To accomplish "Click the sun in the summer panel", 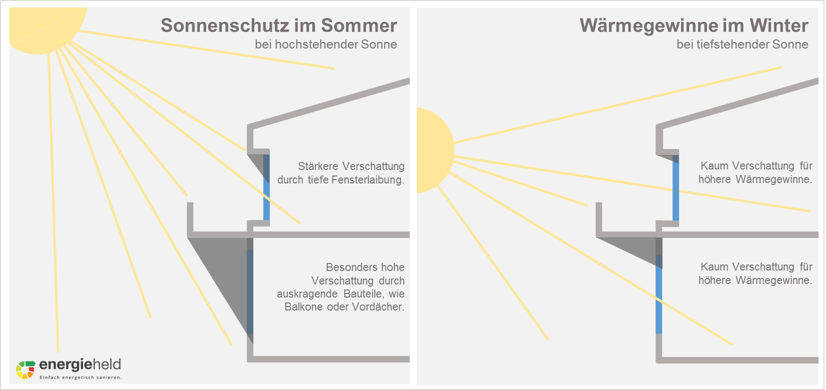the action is click(x=44, y=27).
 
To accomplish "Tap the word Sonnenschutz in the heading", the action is click(x=225, y=26).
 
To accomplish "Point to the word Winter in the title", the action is click(x=779, y=25).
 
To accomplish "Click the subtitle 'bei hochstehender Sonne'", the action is click(x=326, y=44).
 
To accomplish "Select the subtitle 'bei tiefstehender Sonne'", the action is click(x=742, y=44).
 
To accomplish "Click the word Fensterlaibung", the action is click(x=368, y=180).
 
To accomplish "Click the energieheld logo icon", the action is click(x=25, y=369).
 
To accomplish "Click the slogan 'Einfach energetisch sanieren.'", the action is click(x=81, y=377).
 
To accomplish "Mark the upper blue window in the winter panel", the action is click(x=676, y=187).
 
